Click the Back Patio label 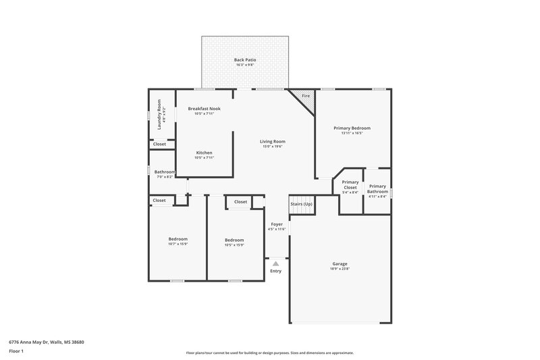(x=245, y=60)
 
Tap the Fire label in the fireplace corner (x=305, y=97)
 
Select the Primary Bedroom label (x=352, y=127)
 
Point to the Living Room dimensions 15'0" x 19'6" (x=272, y=147)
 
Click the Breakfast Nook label (x=204, y=108)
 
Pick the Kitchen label (x=204, y=152)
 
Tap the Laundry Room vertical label (x=159, y=114)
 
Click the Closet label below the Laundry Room (x=159, y=144)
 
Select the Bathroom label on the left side (x=165, y=172)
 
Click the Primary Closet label (x=350, y=184)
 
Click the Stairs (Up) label (x=301, y=203)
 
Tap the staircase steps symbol (x=301, y=212)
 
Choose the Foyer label (x=277, y=224)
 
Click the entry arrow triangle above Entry (x=275, y=264)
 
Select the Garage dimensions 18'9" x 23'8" (x=340, y=269)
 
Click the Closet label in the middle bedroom (x=240, y=201)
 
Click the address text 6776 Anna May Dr (x=47, y=342)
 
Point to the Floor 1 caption (x=17, y=351)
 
